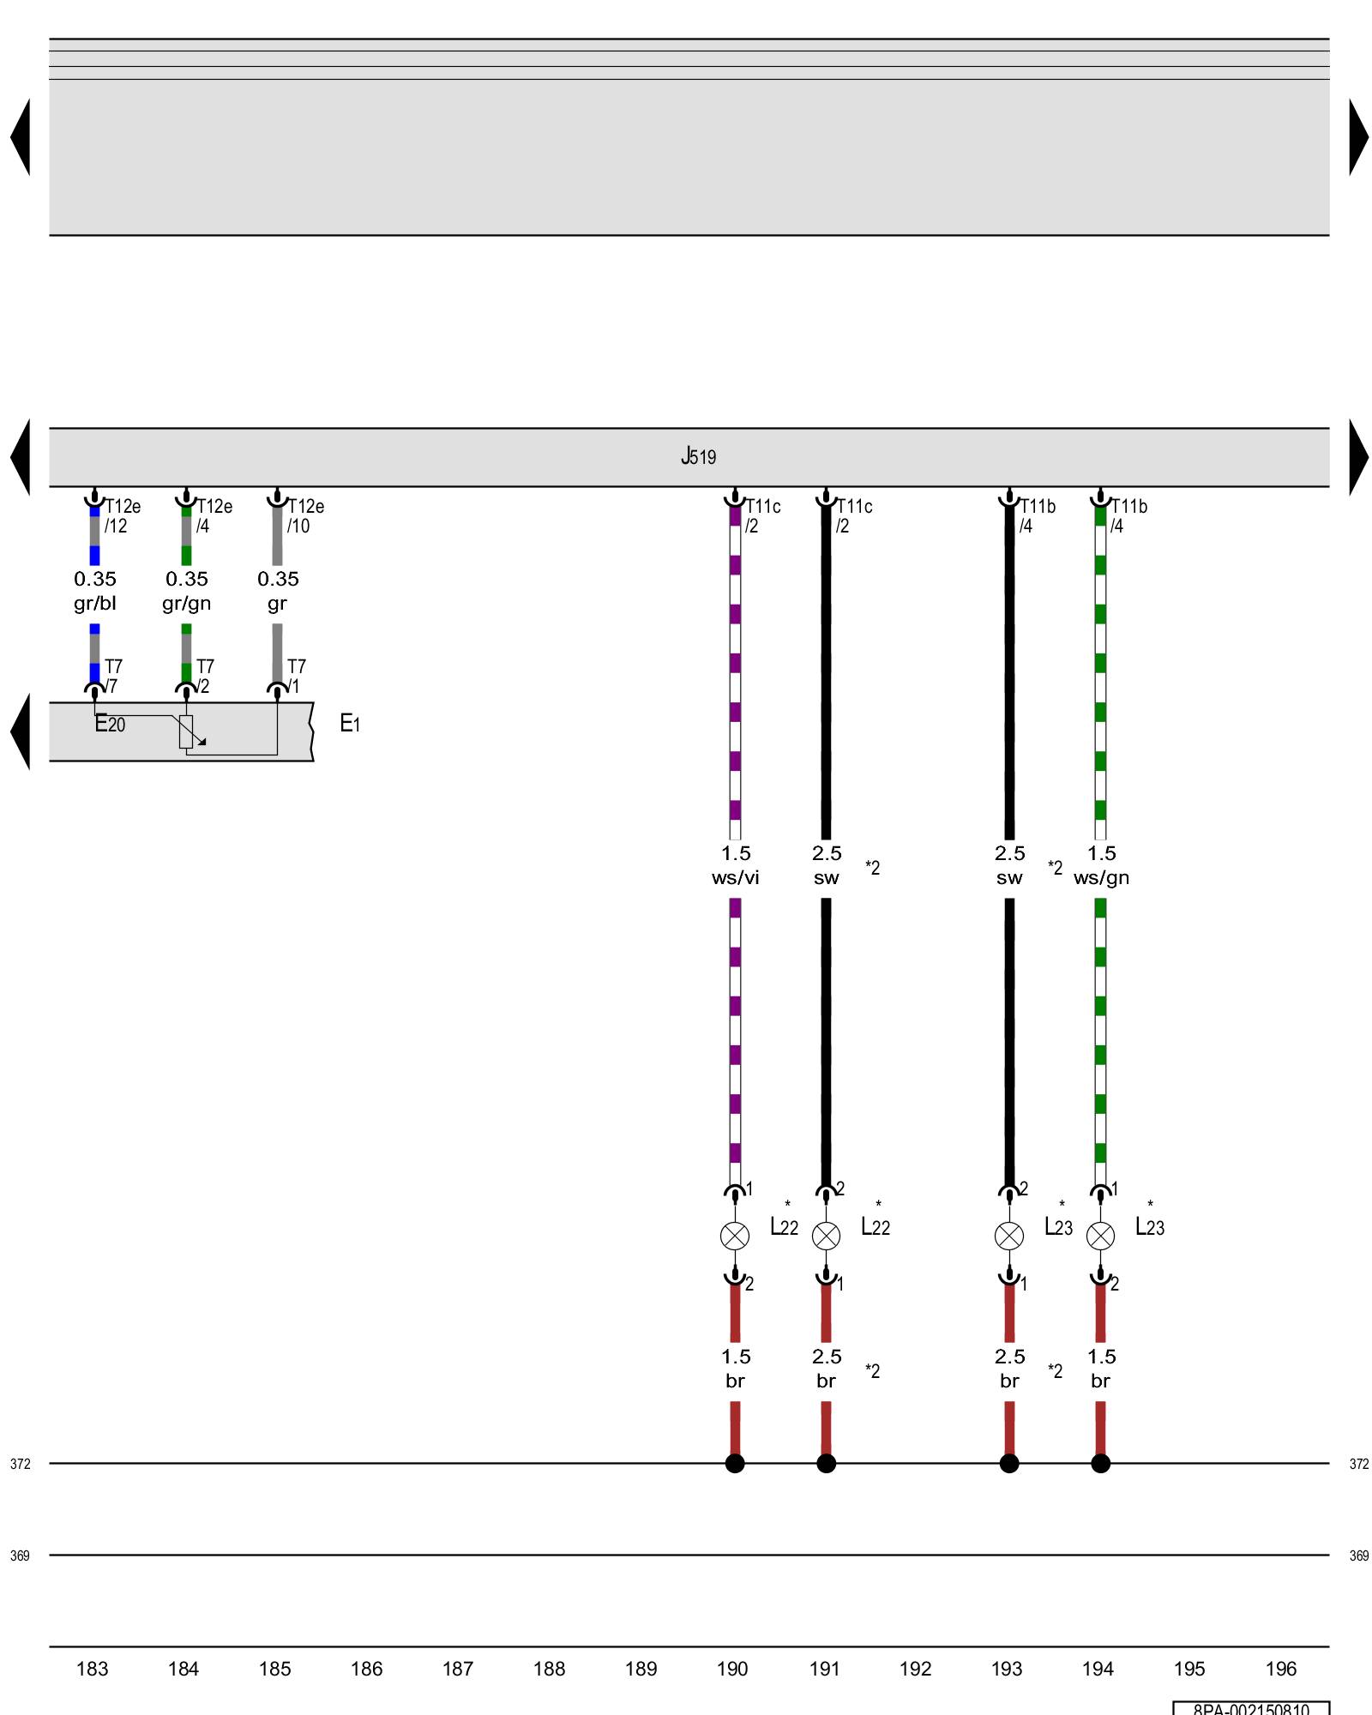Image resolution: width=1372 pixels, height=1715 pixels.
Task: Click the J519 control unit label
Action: [x=698, y=456]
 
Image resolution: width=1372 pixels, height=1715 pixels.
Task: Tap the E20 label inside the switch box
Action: [x=110, y=725]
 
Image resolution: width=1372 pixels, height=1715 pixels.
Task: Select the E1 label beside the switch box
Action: [x=350, y=724]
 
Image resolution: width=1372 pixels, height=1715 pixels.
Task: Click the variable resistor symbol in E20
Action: [x=186, y=731]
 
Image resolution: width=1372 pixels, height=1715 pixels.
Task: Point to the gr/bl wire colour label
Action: [x=94, y=604]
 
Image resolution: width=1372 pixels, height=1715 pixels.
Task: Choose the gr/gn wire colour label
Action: [x=186, y=604]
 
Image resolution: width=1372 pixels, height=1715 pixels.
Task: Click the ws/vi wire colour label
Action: [x=735, y=878]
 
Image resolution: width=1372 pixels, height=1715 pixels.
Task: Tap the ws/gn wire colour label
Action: [x=1101, y=878]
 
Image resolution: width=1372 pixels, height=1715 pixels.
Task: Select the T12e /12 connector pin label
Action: [x=121, y=516]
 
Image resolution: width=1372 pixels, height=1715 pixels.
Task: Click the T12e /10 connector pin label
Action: [x=304, y=516]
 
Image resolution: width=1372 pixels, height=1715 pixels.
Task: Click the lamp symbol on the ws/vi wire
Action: [x=735, y=1236]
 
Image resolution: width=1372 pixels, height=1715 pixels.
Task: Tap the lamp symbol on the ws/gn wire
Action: [x=1100, y=1236]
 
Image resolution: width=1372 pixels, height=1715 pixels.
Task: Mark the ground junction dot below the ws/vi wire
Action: [x=735, y=1464]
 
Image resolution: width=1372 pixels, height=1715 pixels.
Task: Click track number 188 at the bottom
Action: [x=549, y=1669]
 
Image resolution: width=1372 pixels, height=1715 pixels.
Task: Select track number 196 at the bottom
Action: [x=1281, y=1669]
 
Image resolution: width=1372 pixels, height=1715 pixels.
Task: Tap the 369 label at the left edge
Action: [x=20, y=1556]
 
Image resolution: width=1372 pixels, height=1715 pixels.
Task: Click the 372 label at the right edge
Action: [x=1359, y=1465]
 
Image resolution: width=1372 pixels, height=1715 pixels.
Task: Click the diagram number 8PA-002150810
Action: [x=1251, y=1708]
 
